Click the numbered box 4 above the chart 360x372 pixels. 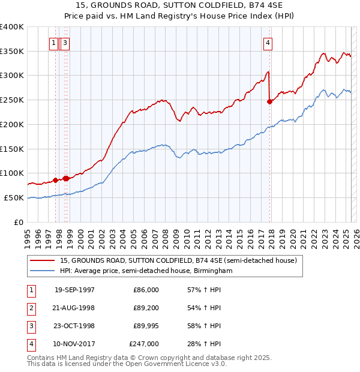(268, 42)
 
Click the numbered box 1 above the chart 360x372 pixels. (54, 42)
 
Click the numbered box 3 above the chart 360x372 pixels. (64, 42)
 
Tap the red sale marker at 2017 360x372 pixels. (269, 101)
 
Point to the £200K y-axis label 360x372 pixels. (12, 124)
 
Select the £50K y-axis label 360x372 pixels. (14, 197)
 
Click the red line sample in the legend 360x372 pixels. (43, 261)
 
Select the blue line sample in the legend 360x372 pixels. (43, 271)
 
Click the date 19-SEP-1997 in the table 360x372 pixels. (74, 290)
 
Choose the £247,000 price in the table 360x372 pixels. (144, 344)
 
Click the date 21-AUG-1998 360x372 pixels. (74, 308)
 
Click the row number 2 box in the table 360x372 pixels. (30, 308)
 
